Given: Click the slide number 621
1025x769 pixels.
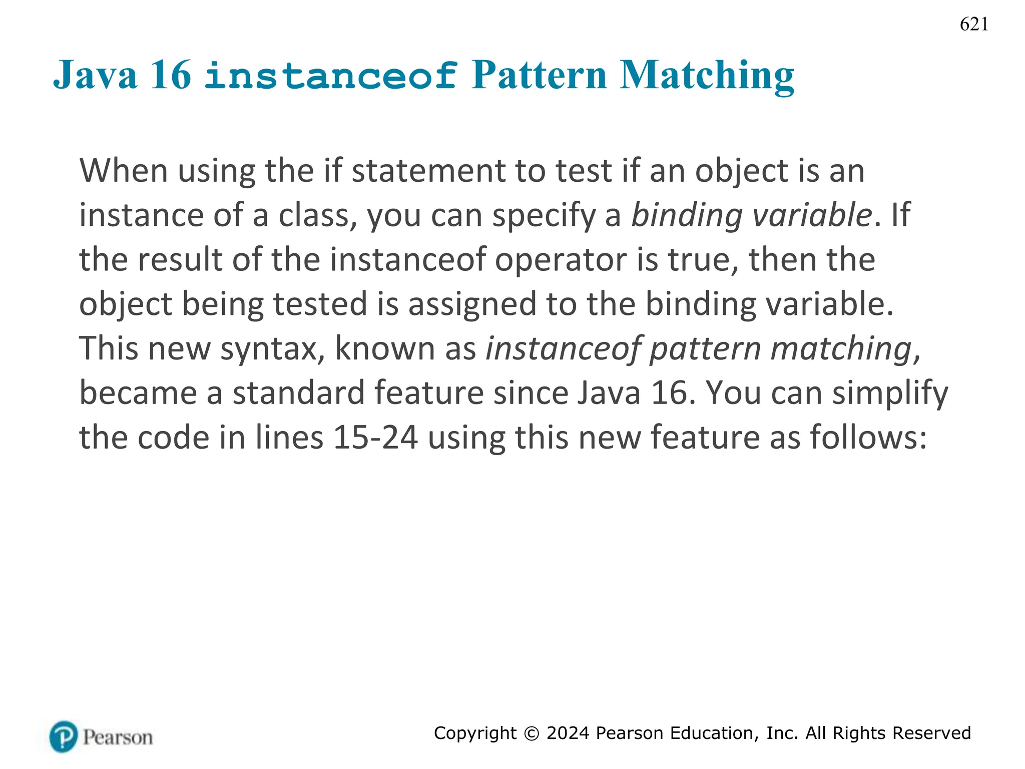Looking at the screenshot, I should pyautogui.click(x=973, y=24).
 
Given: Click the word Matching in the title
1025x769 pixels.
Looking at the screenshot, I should pyautogui.click(x=707, y=75).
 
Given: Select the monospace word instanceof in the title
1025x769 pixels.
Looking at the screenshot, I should pyautogui.click(x=331, y=75).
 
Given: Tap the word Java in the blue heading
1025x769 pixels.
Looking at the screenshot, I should pyautogui.click(x=95, y=75).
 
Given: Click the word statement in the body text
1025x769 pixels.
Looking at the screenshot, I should pyautogui.click(x=428, y=171).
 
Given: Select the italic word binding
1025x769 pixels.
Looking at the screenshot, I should pyautogui.click(x=686, y=215).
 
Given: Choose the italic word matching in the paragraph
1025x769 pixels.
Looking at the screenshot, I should pyautogui.click(x=841, y=348).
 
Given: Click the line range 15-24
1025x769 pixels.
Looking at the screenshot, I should pyautogui.click(x=375, y=437).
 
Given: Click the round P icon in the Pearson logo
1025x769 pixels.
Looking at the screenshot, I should pyautogui.click(x=64, y=736).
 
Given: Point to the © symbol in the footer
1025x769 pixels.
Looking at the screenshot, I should pyautogui.click(x=531, y=733).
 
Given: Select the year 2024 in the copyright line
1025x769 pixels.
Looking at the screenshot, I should pyautogui.click(x=568, y=733).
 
